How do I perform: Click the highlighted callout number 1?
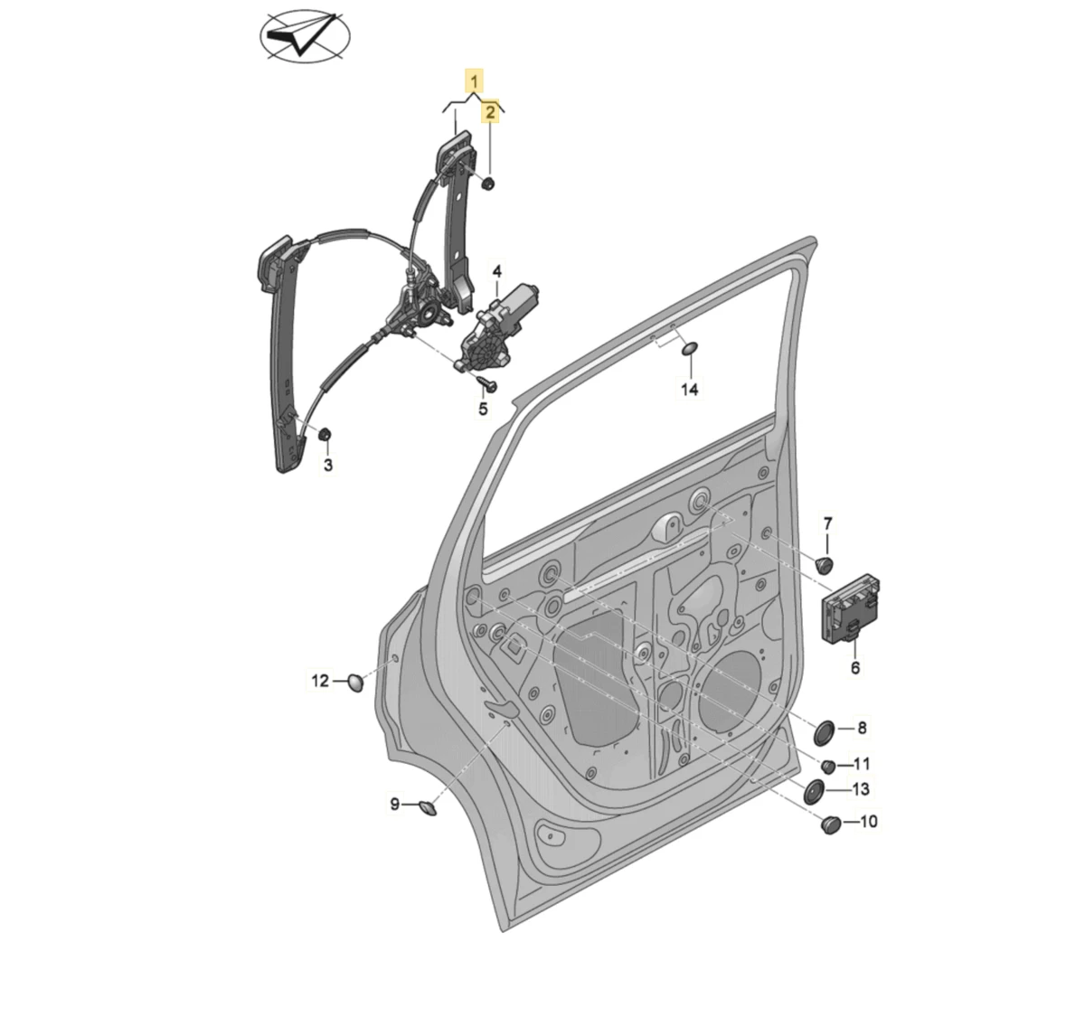click(475, 81)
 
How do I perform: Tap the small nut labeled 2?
click(488, 184)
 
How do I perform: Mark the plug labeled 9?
click(427, 805)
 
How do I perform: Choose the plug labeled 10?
click(829, 824)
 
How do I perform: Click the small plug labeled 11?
click(827, 766)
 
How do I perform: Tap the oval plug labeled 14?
click(688, 350)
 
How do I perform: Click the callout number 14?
click(689, 390)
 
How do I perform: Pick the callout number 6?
click(854, 669)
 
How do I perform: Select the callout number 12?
click(321, 681)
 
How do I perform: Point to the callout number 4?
click(496, 270)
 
